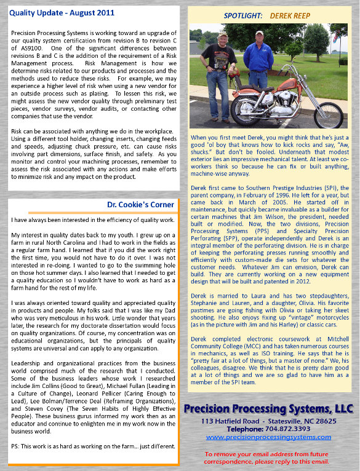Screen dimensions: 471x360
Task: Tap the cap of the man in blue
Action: (259, 34)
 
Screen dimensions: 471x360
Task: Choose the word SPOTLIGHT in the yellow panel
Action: (243, 15)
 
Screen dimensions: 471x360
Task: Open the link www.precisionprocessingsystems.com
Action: (268, 437)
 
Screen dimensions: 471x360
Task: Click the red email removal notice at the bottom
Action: (268, 457)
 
